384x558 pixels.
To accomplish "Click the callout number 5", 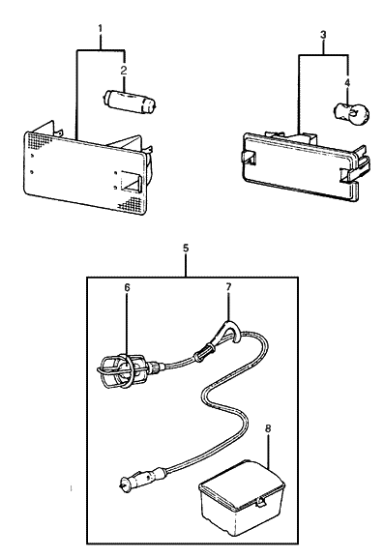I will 186,249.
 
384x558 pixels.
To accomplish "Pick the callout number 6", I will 126,287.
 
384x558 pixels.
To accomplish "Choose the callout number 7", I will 228,287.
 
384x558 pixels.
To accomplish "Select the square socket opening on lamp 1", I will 131,182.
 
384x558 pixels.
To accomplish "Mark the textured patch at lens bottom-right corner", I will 130,206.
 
